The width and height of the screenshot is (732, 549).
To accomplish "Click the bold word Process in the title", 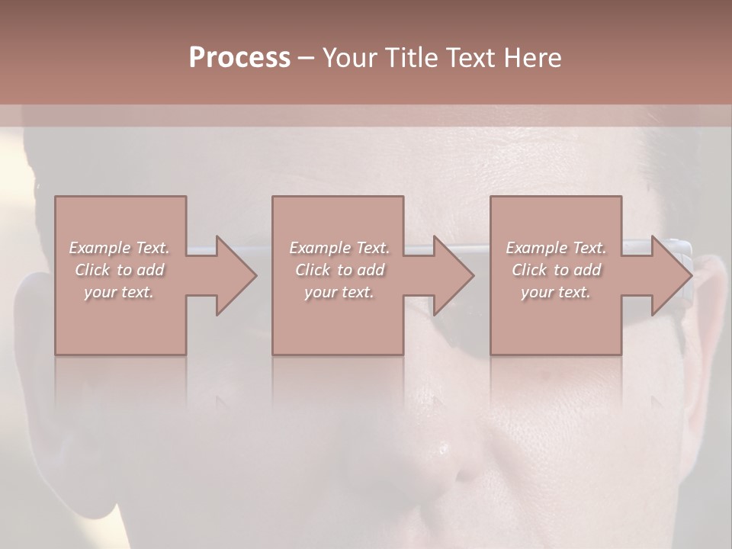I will [x=239, y=58].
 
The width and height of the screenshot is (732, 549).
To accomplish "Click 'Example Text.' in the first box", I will [x=120, y=248].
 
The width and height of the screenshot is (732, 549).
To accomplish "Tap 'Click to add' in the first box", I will [x=120, y=270].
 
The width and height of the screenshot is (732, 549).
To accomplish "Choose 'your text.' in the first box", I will [x=120, y=292].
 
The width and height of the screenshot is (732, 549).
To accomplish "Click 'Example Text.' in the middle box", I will [x=339, y=248].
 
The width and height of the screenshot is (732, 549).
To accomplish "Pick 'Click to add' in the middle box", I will [x=339, y=270].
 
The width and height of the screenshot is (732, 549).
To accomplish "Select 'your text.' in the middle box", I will [x=339, y=292].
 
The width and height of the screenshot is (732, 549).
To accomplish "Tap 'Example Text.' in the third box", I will [x=556, y=248].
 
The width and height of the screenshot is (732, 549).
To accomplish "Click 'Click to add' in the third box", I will [x=556, y=270].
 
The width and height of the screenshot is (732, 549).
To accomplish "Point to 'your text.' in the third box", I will [x=556, y=292].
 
